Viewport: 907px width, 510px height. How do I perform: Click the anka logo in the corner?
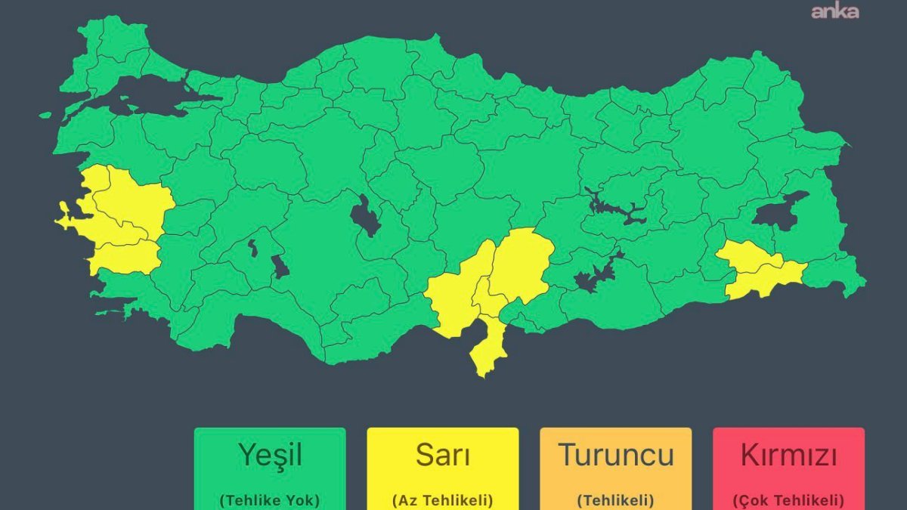pos(834,11)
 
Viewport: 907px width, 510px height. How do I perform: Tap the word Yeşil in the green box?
pos(270,455)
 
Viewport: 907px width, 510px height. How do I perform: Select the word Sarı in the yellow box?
pos(442,455)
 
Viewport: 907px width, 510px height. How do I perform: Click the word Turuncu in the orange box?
pos(615,455)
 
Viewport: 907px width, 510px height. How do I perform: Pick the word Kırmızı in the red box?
pos(788,456)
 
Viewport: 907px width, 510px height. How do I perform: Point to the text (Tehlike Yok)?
pos(270,499)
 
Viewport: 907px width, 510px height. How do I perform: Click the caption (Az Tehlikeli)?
pos(442,499)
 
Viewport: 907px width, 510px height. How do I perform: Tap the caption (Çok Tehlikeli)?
pos(788,499)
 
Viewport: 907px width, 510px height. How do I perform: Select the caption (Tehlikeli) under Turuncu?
pos(615,499)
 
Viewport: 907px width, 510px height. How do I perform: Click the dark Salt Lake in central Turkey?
pos(364,216)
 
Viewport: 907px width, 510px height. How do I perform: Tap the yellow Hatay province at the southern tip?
pos(488,348)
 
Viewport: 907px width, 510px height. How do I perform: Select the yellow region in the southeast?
pos(760,272)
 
